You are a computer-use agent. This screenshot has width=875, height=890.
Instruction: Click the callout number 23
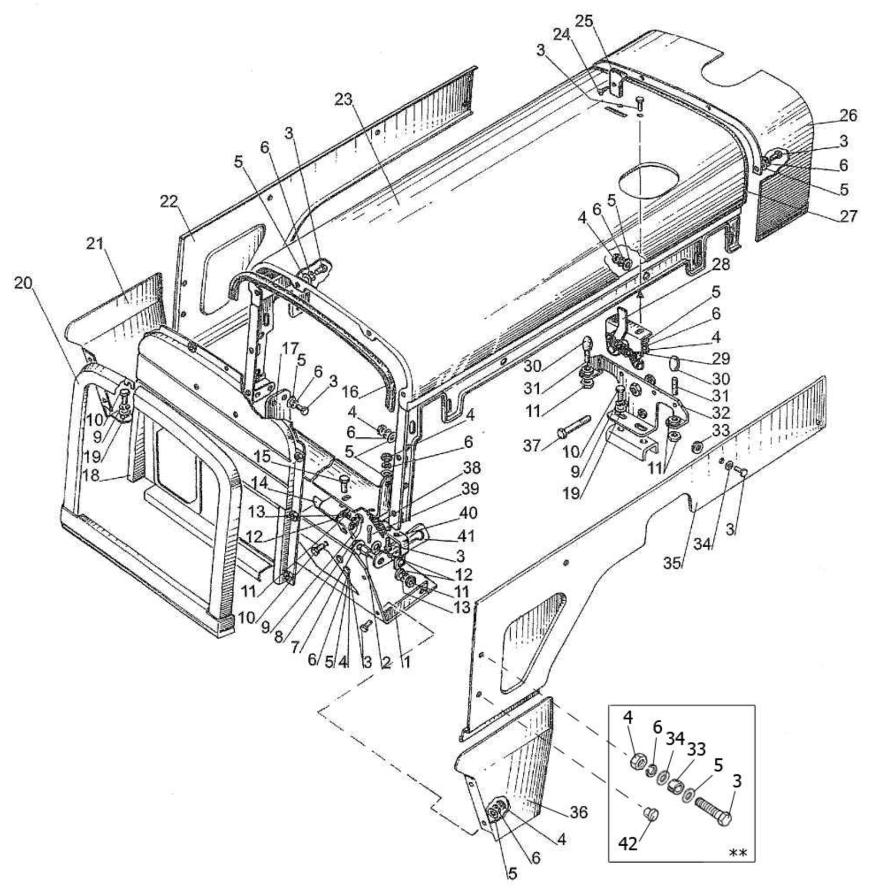coord(345,99)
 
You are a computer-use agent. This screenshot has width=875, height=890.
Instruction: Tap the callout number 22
coord(169,201)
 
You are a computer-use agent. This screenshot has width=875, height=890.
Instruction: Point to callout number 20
coord(24,283)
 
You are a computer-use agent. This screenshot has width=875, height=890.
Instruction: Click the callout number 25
coord(584,21)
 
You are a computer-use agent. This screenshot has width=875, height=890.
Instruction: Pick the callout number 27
coord(849,216)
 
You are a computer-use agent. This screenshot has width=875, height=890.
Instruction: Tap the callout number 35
coord(673,563)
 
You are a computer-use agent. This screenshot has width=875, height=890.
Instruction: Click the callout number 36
coord(577,812)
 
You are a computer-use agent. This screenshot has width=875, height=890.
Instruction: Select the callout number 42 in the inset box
coord(628,844)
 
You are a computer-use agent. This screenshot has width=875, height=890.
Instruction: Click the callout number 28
coord(720,265)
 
